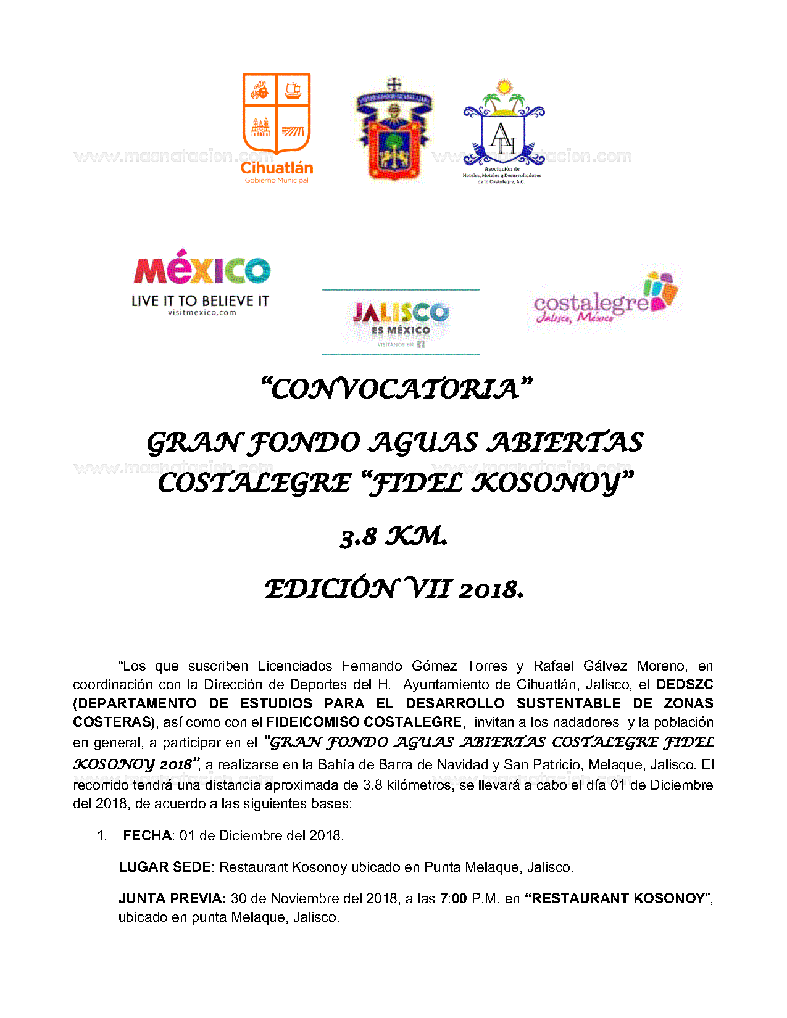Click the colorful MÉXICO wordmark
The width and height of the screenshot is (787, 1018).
point(202,268)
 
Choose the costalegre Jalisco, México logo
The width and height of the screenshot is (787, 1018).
point(605,300)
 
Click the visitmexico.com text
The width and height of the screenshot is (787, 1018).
point(202,313)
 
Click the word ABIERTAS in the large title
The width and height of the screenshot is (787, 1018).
point(565,443)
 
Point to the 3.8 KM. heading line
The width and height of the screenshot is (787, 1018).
point(394,537)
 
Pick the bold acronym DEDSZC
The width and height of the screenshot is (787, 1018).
point(685,685)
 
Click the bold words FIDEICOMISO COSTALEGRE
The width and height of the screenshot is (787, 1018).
point(364,722)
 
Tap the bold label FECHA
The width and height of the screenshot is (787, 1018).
point(148,836)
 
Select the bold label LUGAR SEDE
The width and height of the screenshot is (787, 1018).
point(165,867)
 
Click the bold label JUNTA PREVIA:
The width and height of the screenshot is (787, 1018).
point(172,899)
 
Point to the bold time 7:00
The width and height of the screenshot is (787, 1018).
point(453,899)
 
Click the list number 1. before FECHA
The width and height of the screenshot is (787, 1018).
point(102,836)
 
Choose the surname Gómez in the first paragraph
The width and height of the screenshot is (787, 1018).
point(435,666)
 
